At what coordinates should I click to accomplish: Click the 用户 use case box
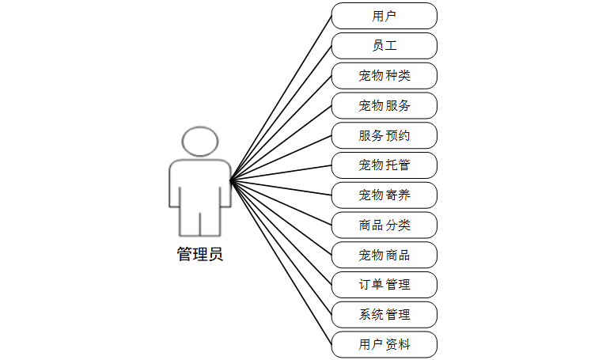tap(384, 16)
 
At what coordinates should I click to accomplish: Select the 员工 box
tap(384, 46)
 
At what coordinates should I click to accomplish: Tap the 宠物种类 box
tap(384, 76)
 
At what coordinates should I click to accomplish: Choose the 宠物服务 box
tap(384, 105)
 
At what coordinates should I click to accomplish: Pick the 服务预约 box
tap(384, 135)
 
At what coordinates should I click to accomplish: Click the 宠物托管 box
tap(384, 165)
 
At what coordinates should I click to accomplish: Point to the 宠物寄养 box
tap(384, 195)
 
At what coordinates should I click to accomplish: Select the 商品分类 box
tap(384, 225)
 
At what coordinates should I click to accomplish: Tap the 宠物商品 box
tap(384, 255)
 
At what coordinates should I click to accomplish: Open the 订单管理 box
tap(384, 285)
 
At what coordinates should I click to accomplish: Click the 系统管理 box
tap(384, 315)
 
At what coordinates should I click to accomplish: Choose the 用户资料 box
tap(384, 345)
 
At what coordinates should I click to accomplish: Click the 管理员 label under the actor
tap(199, 255)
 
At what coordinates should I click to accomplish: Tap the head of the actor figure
tap(199, 141)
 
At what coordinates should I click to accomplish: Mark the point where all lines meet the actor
tap(230, 181)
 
